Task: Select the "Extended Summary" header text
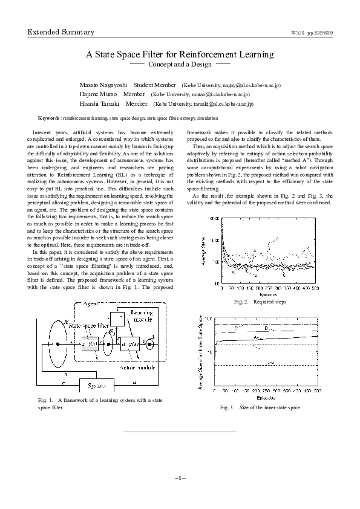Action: pyautogui.click(x=61, y=33)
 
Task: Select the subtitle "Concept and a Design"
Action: pyautogui.click(x=180, y=63)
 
